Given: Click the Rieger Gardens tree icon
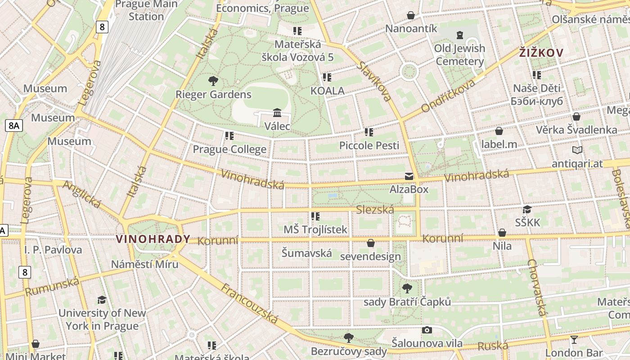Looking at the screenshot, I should click(213, 81).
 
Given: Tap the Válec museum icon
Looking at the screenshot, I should click(277, 112).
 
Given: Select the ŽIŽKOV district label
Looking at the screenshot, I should click(541, 53).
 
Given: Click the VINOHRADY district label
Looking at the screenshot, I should click(153, 239).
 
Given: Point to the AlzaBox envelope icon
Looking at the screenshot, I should click(409, 176).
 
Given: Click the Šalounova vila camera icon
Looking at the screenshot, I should click(427, 330).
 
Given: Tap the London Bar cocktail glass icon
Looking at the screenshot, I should click(574, 339).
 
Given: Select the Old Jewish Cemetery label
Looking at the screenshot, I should click(459, 54).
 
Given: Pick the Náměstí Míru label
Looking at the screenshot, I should click(144, 264).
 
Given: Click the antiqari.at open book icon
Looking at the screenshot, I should click(577, 150).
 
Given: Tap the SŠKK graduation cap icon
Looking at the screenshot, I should click(527, 209).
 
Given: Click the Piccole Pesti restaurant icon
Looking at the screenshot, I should click(369, 132).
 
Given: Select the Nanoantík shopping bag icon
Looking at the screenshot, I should click(411, 15).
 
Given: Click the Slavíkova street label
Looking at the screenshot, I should click(374, 81).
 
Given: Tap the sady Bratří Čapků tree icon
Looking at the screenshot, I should click(407, 288).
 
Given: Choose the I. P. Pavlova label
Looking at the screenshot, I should click(53, 250).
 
